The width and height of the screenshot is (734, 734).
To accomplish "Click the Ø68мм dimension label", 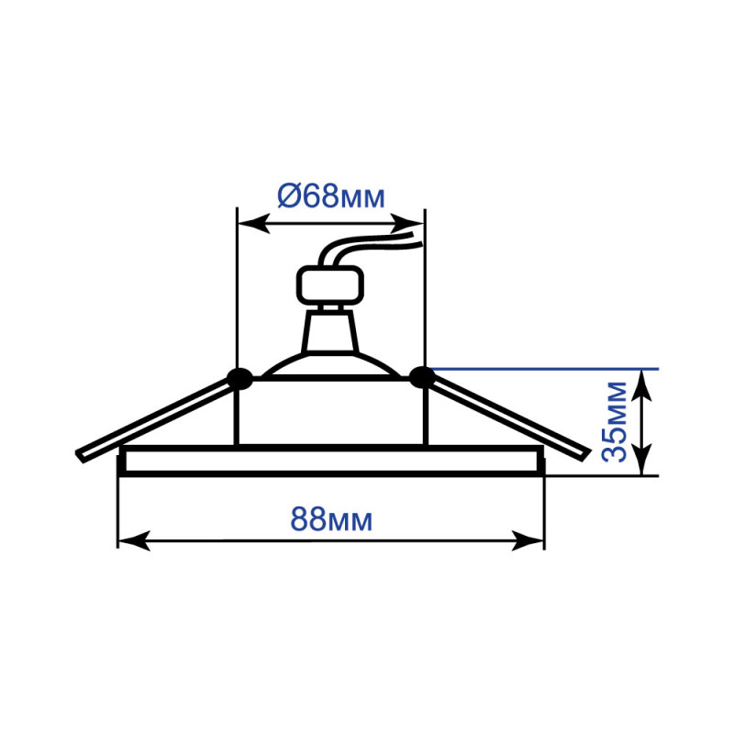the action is (x=331, y=196).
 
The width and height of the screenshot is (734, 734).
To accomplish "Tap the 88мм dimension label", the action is (x=331, y=519).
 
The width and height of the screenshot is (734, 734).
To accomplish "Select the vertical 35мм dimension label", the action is (x=614, y=422).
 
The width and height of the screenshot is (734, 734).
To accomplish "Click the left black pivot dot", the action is (x=239, y=378).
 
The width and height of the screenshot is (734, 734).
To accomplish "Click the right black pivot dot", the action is (x=422, y=377).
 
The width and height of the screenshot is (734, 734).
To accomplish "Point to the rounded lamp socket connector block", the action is (x=330, y=285).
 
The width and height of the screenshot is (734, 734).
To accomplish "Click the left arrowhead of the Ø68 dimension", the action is (x=254, y=224).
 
